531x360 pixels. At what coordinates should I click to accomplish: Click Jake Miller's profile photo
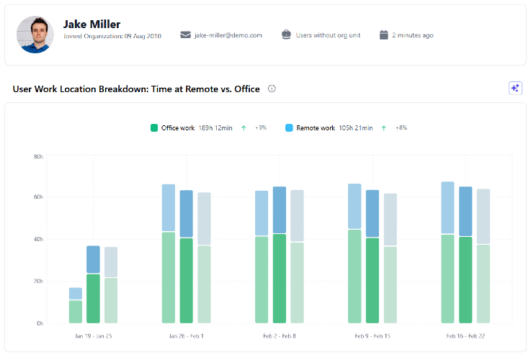pos(35,35)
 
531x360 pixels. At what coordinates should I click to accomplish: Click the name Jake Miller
pos(92,24)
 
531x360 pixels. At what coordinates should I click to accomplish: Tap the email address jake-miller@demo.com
pos(228,35)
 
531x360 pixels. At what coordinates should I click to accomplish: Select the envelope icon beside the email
pos(185,35)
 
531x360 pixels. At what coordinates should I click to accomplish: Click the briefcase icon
pos(286,35)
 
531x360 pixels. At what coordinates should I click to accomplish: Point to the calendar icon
pos(384,35)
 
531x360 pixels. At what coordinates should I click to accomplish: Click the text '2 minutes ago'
pos(413,35)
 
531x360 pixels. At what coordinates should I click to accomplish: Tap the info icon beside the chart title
pos(272,89)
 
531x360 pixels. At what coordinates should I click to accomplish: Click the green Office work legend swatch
pos(154,128)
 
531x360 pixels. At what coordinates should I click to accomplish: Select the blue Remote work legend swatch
pos(289,128)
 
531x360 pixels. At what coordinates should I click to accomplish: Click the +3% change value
pos(261,127)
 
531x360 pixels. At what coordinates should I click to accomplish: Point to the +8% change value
pos(401,127)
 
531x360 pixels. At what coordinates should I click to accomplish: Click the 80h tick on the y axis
pos(38,157)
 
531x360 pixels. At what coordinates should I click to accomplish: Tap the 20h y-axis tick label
pos(38,282)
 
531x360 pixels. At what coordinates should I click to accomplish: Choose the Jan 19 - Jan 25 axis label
pos(94,336)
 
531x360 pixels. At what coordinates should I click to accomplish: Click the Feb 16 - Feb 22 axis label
pos(465,336)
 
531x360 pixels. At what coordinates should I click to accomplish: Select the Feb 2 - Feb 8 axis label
pos(280,336)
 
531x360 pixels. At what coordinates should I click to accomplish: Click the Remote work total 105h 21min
pos(356,128)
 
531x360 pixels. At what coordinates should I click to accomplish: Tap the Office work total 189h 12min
pos(215,128)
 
